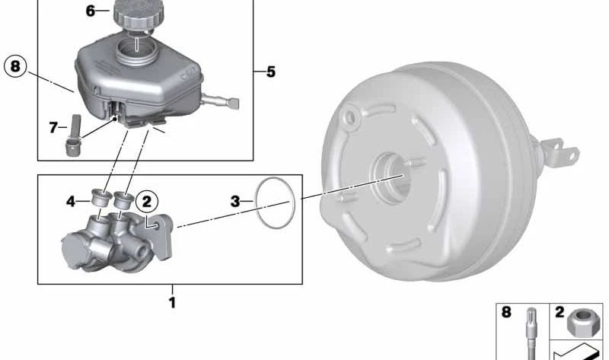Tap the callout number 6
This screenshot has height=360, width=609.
tap(90, 11)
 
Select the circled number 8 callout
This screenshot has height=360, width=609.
tap(15, 66)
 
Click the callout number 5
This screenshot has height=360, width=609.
tap(271, 72)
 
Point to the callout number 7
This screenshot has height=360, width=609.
tap(53, 127)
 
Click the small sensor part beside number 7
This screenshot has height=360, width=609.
tap(73, 136)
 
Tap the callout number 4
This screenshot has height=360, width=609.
tap(71, 202)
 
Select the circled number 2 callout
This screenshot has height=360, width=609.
tap(147, 202)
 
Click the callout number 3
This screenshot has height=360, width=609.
tap(235, 202)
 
